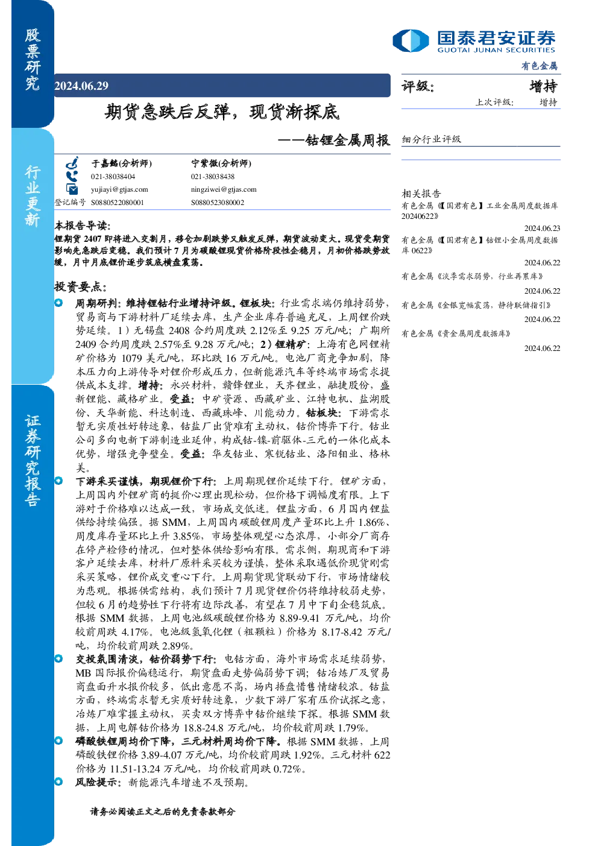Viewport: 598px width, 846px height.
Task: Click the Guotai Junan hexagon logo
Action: tap(411, 40)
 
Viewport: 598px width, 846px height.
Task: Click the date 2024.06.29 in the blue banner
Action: tap(81, 86)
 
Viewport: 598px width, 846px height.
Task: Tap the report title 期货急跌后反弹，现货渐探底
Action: tap(222, 112)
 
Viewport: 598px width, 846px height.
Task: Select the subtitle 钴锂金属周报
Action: tap(347, 140)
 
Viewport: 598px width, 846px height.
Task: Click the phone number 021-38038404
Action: tap(113, 177)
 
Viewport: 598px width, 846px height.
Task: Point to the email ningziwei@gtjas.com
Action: tap(224, 189)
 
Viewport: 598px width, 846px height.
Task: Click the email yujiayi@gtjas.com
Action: tap(119, 189)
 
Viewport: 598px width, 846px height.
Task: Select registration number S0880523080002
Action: tap(218, 203)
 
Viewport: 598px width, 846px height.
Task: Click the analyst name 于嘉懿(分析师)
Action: tap(122, 163)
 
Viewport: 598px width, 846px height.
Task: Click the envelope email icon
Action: tap(72, 189)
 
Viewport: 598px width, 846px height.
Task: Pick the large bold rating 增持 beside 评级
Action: tap(543, 86)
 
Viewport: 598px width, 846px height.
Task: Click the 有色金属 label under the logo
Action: tap(540, 66)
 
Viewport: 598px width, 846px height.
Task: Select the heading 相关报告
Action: tap(421, 194)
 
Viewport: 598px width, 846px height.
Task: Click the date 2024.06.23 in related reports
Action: tap(542, 228)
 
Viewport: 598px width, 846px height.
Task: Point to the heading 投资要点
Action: tap(80, 286)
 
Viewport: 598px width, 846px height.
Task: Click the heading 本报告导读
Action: tap(83, 226)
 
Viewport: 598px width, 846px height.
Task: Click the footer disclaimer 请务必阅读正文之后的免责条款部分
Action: tap(163, 811)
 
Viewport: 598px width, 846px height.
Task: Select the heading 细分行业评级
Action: tap(431, 139)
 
